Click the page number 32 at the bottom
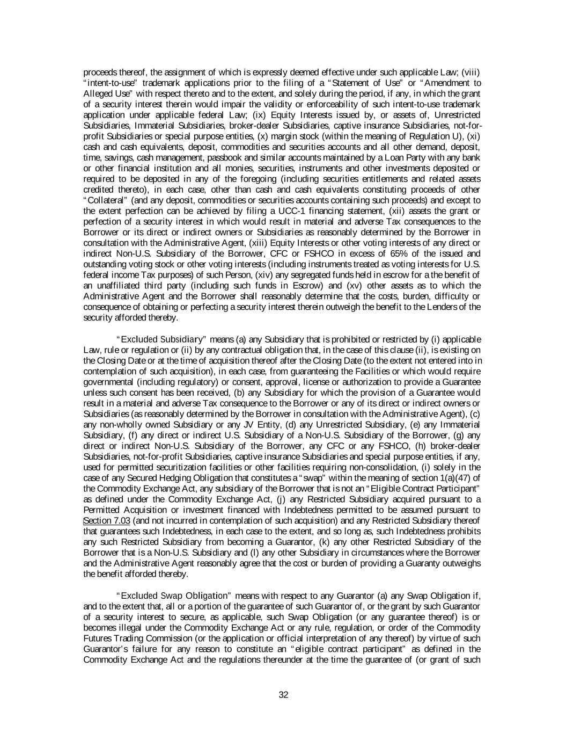pos(284,695)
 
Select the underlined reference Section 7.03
pos(106,520)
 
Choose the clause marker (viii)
pos(471,72)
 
